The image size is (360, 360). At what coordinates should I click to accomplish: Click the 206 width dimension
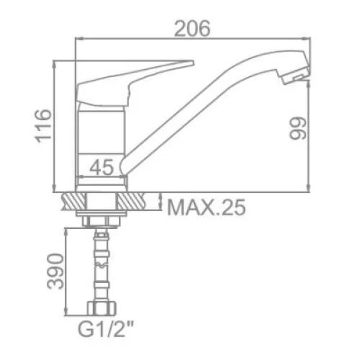(x=192, y=29)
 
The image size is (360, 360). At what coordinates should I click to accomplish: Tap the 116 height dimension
(x=43, y=126)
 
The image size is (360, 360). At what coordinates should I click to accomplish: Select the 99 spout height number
(x=298, y=128)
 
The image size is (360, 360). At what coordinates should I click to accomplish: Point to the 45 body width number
(x=102, y=167)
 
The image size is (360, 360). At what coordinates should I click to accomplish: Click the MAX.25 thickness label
(x=207, y=207)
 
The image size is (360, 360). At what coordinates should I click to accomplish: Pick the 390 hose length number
(x=55, y=271)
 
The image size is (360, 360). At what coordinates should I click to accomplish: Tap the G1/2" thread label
(x=106, y=330)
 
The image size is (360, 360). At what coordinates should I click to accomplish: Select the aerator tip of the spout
(x=296, y=76)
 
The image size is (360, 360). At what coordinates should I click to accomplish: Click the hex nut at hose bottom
(x=102, y=309)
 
